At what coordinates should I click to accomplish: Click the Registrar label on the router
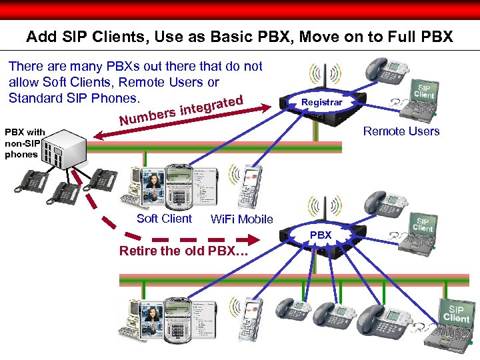pos(322,103)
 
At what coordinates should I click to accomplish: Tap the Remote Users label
pos(401,131)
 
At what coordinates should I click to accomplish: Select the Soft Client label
pos(164,219)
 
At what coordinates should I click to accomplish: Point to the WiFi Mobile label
pos(241,219)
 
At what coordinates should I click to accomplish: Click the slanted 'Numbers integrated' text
pos(180,110)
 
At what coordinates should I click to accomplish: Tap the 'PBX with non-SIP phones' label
pos(25,143)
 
